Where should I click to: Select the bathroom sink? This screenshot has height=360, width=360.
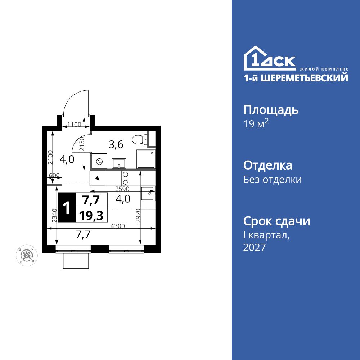tap(118, 164)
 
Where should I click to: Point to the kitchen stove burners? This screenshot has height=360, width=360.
tap(125, 178)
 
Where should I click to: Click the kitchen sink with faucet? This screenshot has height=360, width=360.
tap(148, 193)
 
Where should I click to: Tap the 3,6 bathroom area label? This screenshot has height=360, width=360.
tap(116, 145)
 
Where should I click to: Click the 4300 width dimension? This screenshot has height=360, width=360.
tap(117, 226)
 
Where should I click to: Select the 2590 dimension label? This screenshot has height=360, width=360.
tap(122, 188)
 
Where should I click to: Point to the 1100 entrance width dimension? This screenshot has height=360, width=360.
tap(75, 125)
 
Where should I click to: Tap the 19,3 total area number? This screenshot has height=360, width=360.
tap(91, 215)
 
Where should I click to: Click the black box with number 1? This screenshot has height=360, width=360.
tap(67, 208)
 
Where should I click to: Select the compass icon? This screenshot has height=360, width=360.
tap(26, 255)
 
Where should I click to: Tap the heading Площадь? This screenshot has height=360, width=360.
tap(271, 110)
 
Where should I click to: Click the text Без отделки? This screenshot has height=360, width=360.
tap(272, 179)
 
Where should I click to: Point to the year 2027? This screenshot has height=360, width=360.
tap(255, 248)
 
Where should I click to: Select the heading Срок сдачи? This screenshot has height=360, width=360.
tap(276, 221)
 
